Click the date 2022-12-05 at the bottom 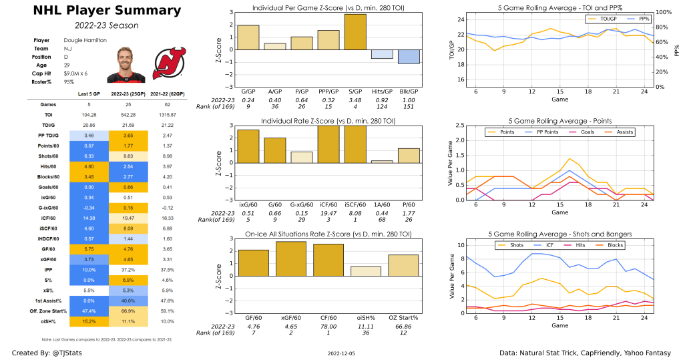[x=341, y=353]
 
